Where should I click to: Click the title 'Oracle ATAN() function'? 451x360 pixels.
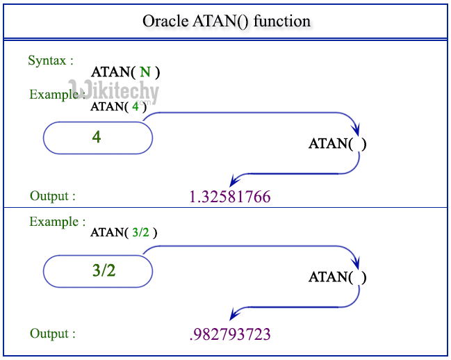click(226, 21)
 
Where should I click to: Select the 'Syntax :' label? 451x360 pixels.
click(51, 60)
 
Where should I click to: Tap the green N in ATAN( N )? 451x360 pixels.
click(145, 72)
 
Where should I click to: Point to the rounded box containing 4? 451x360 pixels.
click(97, 138)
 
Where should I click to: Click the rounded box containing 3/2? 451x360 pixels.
click(97, 271)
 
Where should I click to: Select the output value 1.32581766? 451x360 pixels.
click(229, 197)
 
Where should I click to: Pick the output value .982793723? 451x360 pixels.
click(229, 335)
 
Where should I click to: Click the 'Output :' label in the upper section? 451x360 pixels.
click(53, 196)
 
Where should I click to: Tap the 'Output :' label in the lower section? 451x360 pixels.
click(53, 334)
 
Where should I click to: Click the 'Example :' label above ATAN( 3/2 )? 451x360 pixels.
click(58, 222)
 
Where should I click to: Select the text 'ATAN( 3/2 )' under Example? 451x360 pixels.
click(124, 233)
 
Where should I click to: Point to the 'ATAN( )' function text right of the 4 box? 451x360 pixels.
click(337, 145)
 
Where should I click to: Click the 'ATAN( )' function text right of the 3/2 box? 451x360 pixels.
click(337, 277)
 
